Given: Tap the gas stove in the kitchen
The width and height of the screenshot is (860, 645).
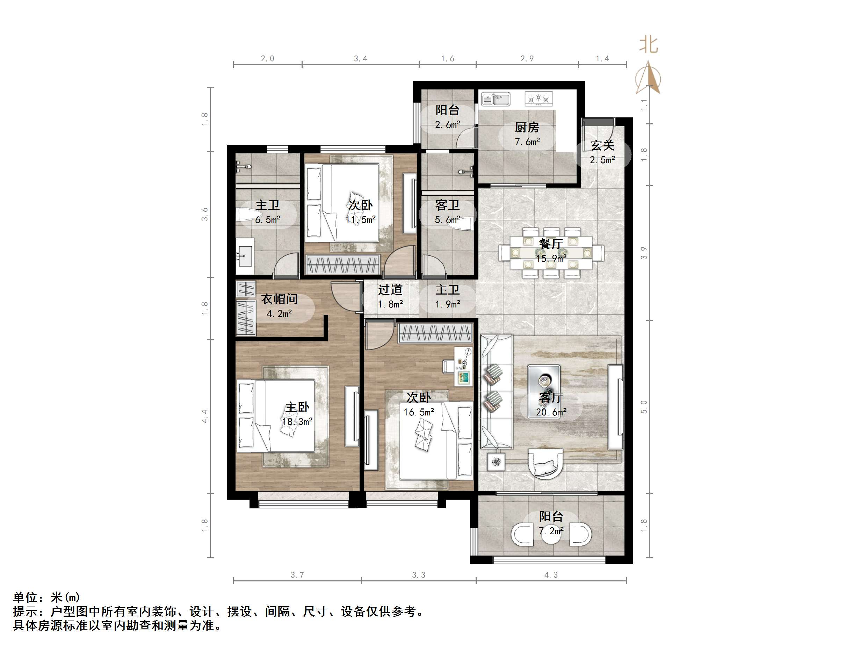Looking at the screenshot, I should coord(538,99).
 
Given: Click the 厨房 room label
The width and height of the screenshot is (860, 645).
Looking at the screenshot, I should coord(527,127).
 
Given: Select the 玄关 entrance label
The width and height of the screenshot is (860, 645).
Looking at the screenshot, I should coord(602,145).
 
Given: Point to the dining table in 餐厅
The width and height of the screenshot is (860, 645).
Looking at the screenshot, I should coord(551,253).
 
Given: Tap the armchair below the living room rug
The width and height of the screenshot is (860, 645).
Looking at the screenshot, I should coord(545,463).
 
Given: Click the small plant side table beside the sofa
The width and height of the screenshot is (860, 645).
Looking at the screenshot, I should coord(496,462).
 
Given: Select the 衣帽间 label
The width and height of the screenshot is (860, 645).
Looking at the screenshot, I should coord(279,299).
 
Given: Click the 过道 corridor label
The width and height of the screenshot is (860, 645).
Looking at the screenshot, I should coord(390,290).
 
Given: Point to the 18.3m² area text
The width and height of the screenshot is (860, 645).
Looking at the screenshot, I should coord(297,422).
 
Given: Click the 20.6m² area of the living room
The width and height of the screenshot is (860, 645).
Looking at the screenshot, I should coord(551,412).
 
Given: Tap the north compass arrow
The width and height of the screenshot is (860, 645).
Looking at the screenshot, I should coord(648,78).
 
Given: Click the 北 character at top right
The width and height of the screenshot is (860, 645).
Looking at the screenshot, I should coord(649,45).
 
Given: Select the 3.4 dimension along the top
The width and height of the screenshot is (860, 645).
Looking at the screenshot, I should coord(360,59).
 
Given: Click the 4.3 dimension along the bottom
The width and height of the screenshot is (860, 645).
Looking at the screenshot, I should coord(551,575).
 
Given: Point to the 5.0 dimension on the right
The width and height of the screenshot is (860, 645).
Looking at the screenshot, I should coord(644,407).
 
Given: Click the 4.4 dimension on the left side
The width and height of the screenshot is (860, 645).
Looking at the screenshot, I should coord(204,416).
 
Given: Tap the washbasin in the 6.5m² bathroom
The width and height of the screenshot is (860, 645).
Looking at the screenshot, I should coord(245,255).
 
